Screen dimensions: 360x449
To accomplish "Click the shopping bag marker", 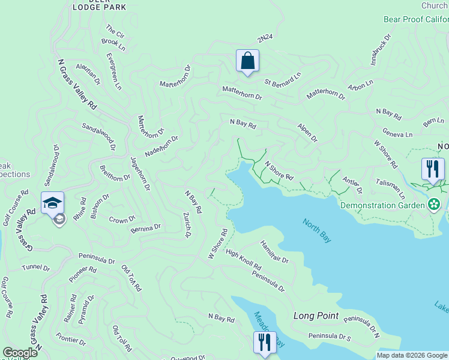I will click(x=247, y=61).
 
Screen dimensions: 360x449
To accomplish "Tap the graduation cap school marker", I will click(x=53, y=203).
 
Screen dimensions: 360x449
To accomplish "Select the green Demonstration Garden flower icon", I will click(x=435, y=205).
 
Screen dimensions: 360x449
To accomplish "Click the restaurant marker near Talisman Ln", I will click(x=432, y=169).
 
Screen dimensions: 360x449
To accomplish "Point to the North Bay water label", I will click(x=317, y=231).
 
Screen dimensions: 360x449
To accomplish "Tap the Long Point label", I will click(x=316, y=316).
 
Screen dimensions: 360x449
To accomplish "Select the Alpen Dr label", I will click(x=307, y=133).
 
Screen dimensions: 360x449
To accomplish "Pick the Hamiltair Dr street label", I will click(x=274, y=252).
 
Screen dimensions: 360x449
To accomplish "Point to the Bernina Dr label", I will click(x=145, y=228).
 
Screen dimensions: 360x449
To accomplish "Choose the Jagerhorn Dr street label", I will click(x=139, y=174).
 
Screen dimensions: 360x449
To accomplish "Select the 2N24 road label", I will click(x=265, y=38).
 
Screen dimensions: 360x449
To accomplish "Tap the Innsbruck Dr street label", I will click(x=381, y=49).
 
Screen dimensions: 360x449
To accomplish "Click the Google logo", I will click(x=20, y=353).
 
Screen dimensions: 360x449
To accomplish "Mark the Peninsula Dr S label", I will click(x=330, y=337).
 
